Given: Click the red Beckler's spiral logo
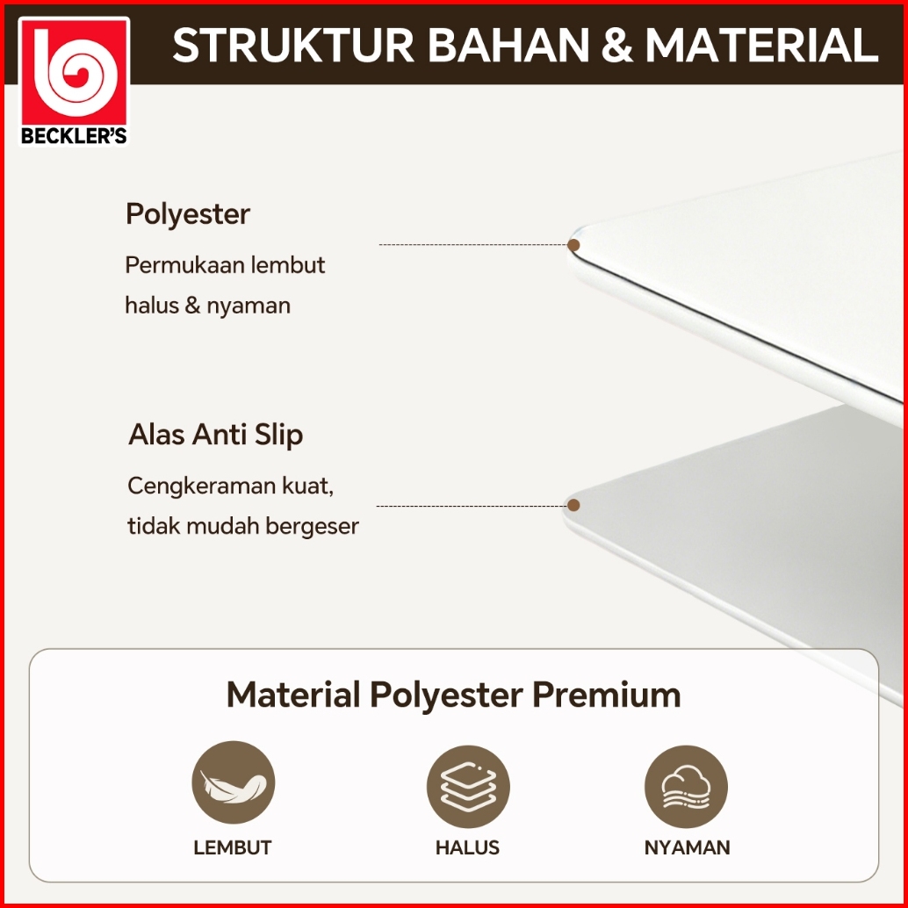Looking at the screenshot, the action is (74, 81).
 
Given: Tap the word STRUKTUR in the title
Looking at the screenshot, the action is (293, 45).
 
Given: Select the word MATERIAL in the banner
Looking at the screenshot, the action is (762, 45).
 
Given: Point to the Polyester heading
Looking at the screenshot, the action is (188, 215).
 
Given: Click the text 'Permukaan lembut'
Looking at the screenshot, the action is (225, 265).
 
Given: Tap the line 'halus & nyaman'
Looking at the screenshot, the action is (207, 306).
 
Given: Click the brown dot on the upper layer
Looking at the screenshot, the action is (573, 245).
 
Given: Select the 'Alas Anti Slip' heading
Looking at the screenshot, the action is (215, 435).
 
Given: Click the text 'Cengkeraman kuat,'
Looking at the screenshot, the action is (230, 486).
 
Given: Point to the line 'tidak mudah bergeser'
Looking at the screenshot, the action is (243, 526).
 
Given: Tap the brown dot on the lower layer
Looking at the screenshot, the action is (573, 505).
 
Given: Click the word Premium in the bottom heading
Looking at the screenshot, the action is (606, 695).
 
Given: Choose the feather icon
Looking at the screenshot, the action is (234, 782).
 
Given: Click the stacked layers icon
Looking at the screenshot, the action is (468, 787).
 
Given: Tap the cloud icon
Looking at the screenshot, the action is (686, 787).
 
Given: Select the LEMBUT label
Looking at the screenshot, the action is (232, 847).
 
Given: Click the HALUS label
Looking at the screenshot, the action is (467, 847).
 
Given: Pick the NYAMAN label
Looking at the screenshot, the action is (687, 847).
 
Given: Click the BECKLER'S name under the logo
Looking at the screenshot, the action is (74, 136).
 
